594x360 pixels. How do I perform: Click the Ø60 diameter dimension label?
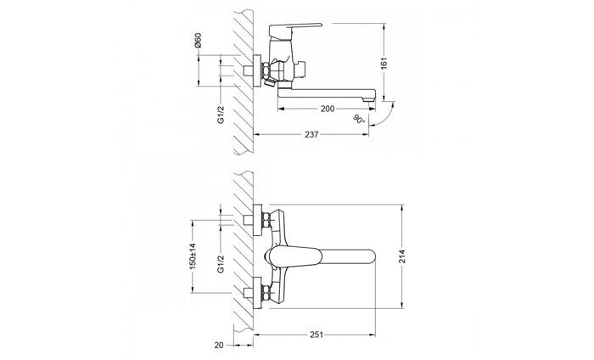(x=198, y=41)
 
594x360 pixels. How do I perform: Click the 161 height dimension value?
(x=384, y=64)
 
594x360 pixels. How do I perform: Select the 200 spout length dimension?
(x=328, y=109)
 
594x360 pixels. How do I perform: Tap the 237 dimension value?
(x=311, y=134)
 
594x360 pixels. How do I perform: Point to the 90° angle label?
(x=359, y=119)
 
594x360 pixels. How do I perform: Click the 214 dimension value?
(x=402, y=256)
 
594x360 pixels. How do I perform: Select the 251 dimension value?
(x=317, y=335)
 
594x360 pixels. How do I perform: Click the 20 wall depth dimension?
(x=219, y=346)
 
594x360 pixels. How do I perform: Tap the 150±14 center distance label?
(x=193, y=256)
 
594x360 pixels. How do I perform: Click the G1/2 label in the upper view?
(x=221, y=115)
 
